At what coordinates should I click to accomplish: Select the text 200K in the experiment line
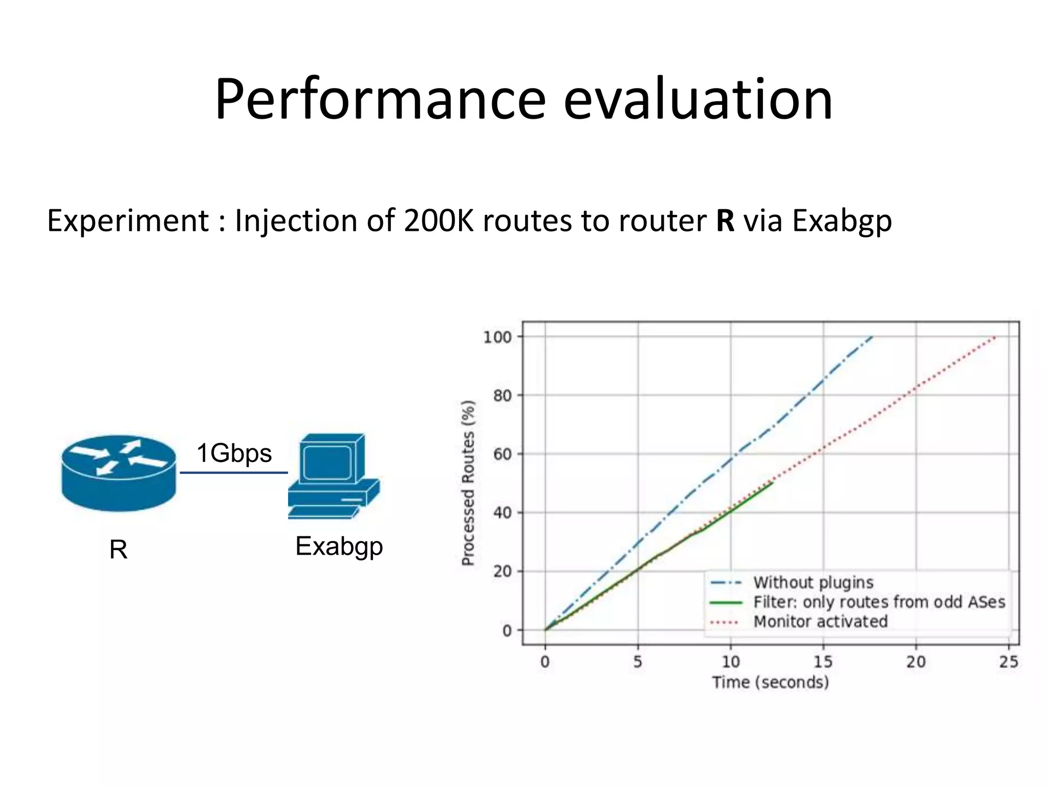click(439, 221)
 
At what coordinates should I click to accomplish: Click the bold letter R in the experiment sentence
click(725, 221)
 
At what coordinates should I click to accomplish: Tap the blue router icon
click(119, 473)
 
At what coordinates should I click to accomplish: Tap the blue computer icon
click(333, 476)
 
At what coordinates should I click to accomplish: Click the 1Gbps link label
click(234, 453)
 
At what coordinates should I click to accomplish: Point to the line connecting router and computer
click(233, 472)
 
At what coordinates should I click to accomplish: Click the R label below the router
click(118, 550)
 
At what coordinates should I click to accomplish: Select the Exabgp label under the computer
click(339, 546)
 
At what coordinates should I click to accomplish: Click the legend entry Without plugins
click(813, 582)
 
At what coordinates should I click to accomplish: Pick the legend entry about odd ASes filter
click(879, 602)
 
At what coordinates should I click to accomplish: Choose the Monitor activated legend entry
click(820, 621)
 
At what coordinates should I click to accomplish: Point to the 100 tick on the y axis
click(497, 337)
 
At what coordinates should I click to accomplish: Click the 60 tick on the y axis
click(502, 454)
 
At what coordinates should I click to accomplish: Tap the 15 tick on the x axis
click(823, 662)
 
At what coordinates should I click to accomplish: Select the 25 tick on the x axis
click(1008, 662)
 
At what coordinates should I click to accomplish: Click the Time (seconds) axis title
click(770, 682)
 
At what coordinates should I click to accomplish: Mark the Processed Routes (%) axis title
click(468, 483)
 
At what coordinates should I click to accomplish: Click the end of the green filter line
click(772, 482)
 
